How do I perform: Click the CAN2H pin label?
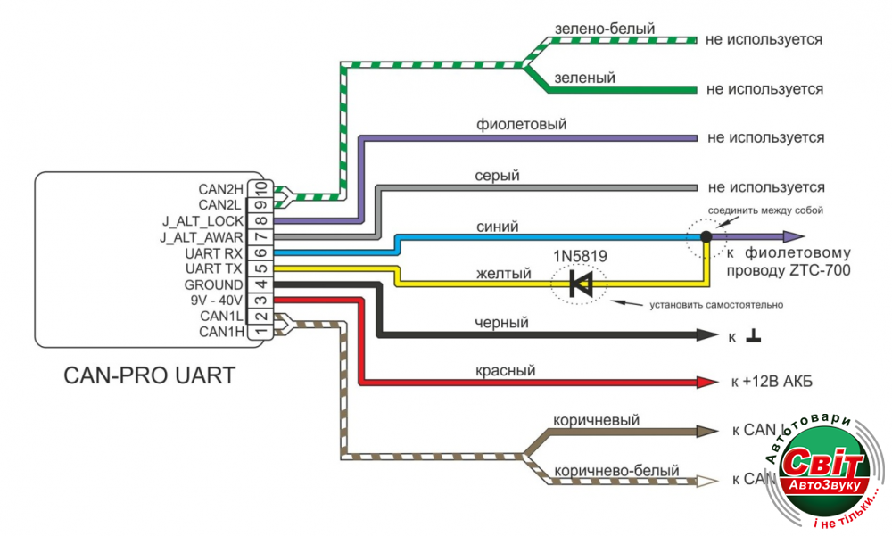coord(221,189)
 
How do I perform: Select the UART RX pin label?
coord(214,253)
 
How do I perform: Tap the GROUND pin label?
coord(212,285)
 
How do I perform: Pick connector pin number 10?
coord(261,188)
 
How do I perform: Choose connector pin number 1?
coord(261,333)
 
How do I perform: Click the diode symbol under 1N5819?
coord(582,284)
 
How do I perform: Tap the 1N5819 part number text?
coord(580,256)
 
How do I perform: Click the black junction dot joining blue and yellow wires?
coord(706,237)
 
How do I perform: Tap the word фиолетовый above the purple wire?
coord(522,125)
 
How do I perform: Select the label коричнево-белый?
coord(616,470)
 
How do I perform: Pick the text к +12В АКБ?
coord(771,383)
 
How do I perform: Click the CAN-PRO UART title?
coord(150,375)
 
